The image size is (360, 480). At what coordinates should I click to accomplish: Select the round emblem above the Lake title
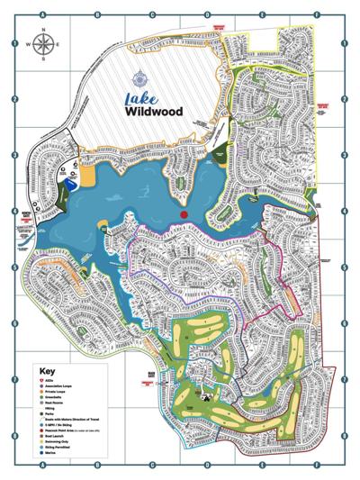tap(136, 78)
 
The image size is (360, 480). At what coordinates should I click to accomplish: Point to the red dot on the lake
tap(183, 215)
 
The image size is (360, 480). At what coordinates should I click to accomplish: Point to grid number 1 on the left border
tap(14, 42)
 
